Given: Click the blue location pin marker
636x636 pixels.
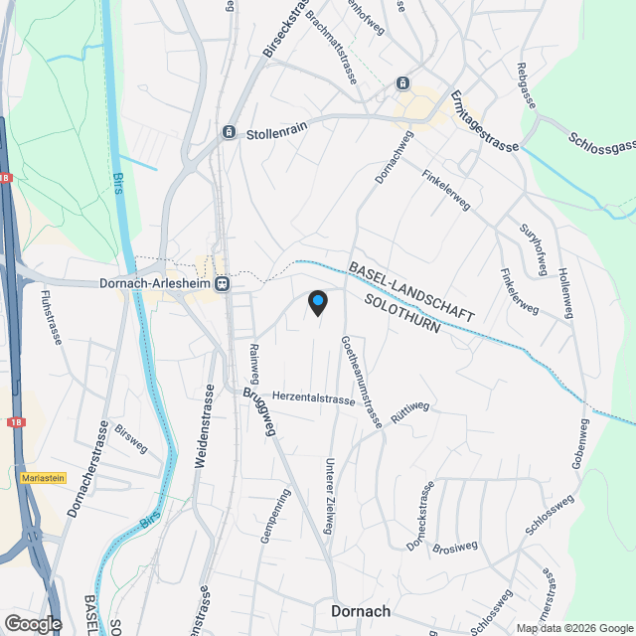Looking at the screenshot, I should [x=317, y=301].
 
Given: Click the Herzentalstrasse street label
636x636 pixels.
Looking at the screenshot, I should [x=313, y=398].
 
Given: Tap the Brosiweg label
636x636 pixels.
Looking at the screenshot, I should [x=457, y=547].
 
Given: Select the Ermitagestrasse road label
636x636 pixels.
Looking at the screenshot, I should [x=484, y=120].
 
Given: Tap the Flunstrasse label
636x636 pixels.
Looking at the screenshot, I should [x=52, y=317].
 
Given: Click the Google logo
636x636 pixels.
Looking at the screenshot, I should [x=33, y=623].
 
